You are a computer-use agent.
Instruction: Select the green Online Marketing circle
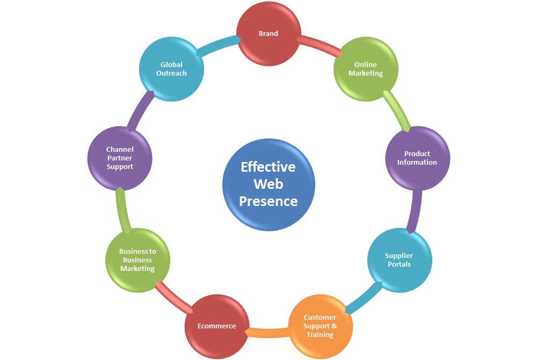click(366, 69)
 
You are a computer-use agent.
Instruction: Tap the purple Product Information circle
click(417, 158)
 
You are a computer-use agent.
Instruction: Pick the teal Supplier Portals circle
click(399, 260)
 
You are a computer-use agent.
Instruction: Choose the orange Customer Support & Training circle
click(321, 326)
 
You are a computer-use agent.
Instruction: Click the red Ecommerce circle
click(216, 326)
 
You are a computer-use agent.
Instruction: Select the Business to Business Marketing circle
click(137, 260)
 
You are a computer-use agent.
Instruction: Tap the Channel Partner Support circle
click(120, 158)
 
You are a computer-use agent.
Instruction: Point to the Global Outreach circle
click(171, 69)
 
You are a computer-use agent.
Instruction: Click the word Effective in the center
click(268, 167)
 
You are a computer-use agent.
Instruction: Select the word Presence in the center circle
click(268, 201)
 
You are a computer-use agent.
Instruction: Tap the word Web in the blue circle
click(268, 184)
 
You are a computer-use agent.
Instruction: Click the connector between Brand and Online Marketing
click(319, 45)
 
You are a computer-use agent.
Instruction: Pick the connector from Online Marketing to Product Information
click(397, 110)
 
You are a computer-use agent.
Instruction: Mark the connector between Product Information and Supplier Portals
click(414, 211)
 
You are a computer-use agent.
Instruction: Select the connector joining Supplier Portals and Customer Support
click(364, 298)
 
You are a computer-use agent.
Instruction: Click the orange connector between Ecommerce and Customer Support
click(268, 333)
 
